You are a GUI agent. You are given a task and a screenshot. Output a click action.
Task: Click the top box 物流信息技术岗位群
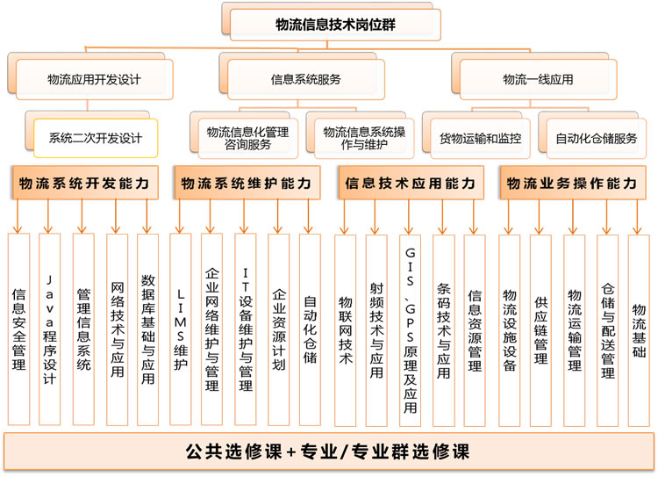click(x=335, y=25)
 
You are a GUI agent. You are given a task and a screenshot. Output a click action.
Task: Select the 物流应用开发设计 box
click(x=95, y=79)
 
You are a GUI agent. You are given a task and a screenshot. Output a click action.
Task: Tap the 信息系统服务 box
click(x=306, y=79)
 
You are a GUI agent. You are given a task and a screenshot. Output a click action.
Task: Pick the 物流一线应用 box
click(x=539, y=79)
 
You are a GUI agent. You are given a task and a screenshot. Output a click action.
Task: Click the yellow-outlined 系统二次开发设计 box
click(x=96, y=138)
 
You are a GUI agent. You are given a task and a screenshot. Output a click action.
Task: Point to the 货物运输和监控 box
click(x=481, y=139)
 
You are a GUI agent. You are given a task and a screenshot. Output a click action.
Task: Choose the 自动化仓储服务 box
click(x=597, y=139)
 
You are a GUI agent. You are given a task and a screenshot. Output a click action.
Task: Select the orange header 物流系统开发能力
click(x=85, y=183)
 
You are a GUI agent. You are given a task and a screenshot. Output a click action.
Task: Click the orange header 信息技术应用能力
click(x=411, y=183)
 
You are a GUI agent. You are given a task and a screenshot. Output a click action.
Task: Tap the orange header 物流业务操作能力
click(x=573, y=183)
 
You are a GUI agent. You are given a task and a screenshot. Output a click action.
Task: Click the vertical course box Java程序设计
click(x=49, y=329)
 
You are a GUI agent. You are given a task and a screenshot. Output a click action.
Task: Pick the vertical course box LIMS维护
click(x=181, y=329)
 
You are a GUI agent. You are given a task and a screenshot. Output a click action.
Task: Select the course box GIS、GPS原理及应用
click(x=410, y=330)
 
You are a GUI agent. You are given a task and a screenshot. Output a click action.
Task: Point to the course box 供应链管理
click(x=540, y=330)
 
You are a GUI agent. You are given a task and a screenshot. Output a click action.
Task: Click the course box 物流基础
click(x=639, y=330)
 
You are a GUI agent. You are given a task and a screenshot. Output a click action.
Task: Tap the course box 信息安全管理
click(x=19, y=329)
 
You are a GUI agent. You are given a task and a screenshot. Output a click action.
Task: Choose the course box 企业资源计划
click(x=279, y=329)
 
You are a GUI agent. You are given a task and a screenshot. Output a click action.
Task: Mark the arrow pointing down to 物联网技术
click(x=345, y=216)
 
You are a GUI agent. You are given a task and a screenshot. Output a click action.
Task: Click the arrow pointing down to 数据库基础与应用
click(x=147, y=216)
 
